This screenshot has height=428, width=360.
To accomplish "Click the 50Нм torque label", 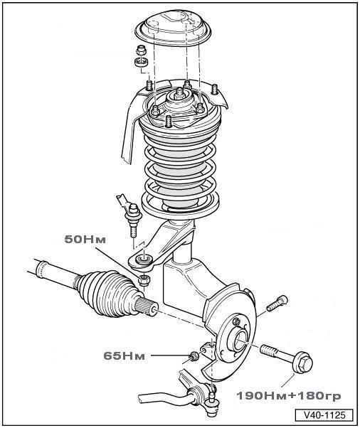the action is pos(85,240).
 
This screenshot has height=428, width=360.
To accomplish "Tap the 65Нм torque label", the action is pos(125,355).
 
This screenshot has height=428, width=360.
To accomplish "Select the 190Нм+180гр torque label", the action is pos(289,395).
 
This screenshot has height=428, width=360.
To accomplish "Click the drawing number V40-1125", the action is pos(324,415).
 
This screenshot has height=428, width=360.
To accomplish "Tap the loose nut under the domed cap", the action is pos(141,50).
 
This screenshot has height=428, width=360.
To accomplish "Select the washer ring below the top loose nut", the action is pos(141,62).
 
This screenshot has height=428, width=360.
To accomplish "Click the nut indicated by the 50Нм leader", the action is pos(144,280).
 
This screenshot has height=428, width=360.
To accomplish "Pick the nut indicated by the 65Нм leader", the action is pos(194,356).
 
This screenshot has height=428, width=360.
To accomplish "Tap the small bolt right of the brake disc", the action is pos(277,303).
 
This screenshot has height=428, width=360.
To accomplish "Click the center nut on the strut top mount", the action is pos(179,93).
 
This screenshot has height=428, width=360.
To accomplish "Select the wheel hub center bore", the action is pos(240,341).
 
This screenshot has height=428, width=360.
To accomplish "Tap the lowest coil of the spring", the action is pos(180,205).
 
